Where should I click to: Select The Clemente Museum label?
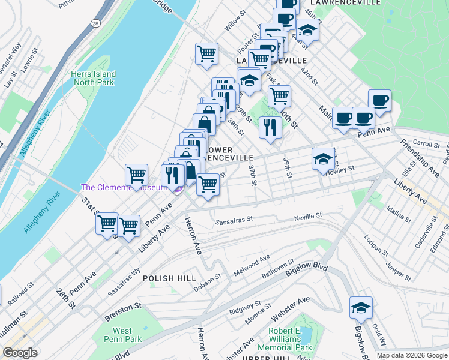[x=124, y=188]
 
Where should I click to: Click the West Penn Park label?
[x=122, y=335]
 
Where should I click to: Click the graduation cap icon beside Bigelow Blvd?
[x=361, y=308]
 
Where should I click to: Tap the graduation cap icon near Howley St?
[x=323, y=159]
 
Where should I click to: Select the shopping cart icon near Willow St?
[x=206, y=53]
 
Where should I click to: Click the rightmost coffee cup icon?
[x=379, y=100]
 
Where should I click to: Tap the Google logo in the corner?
[x=20, y=353]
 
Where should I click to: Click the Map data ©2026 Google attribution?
[x=411, y=355]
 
